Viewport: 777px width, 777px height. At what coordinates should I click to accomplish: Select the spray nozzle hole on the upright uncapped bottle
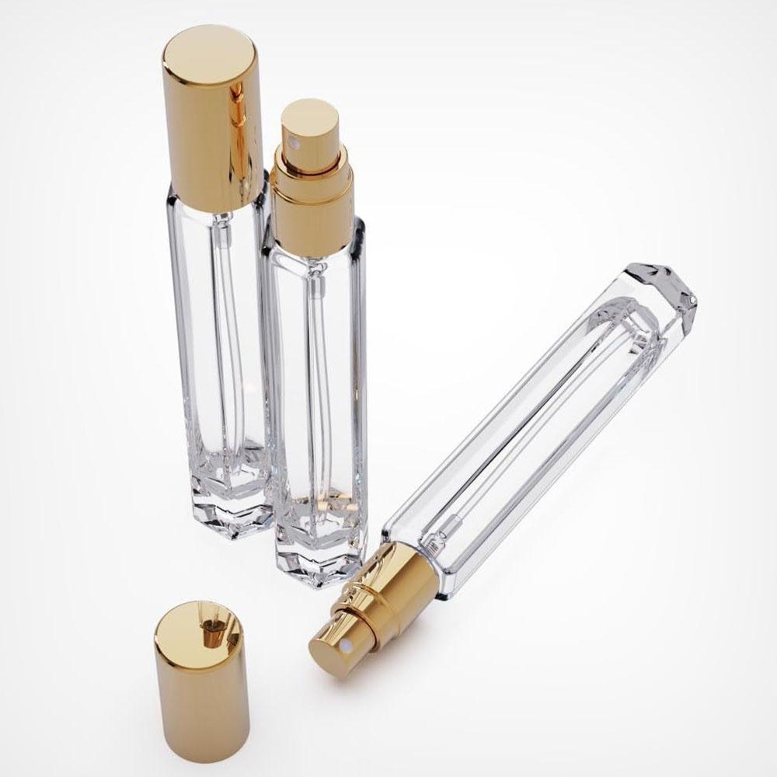click(x=285, y=144)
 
